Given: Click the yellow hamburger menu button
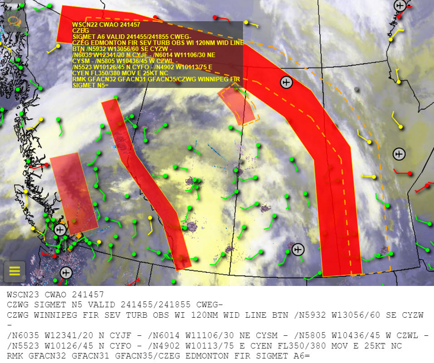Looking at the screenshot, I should click(x=15, y=271).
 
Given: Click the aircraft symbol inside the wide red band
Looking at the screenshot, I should click(x=286, y=82).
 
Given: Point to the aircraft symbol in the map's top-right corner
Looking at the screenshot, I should click(x=400, y=6).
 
